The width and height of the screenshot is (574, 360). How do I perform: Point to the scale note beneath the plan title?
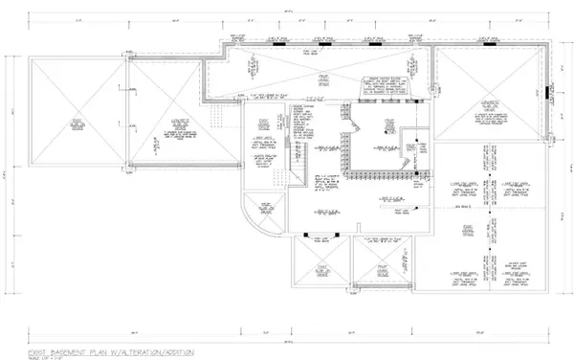point(44,334)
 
